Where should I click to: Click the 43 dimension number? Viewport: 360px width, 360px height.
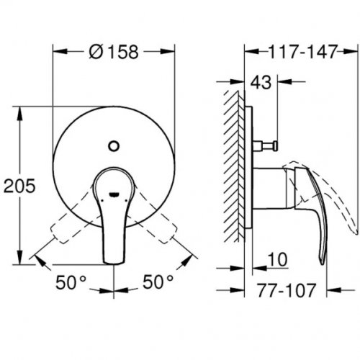[x=258, y=83]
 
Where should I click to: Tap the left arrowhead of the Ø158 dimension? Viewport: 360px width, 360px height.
[x=57, y=52]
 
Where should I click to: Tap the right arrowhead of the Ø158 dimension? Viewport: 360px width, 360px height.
[x=173, y=52]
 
